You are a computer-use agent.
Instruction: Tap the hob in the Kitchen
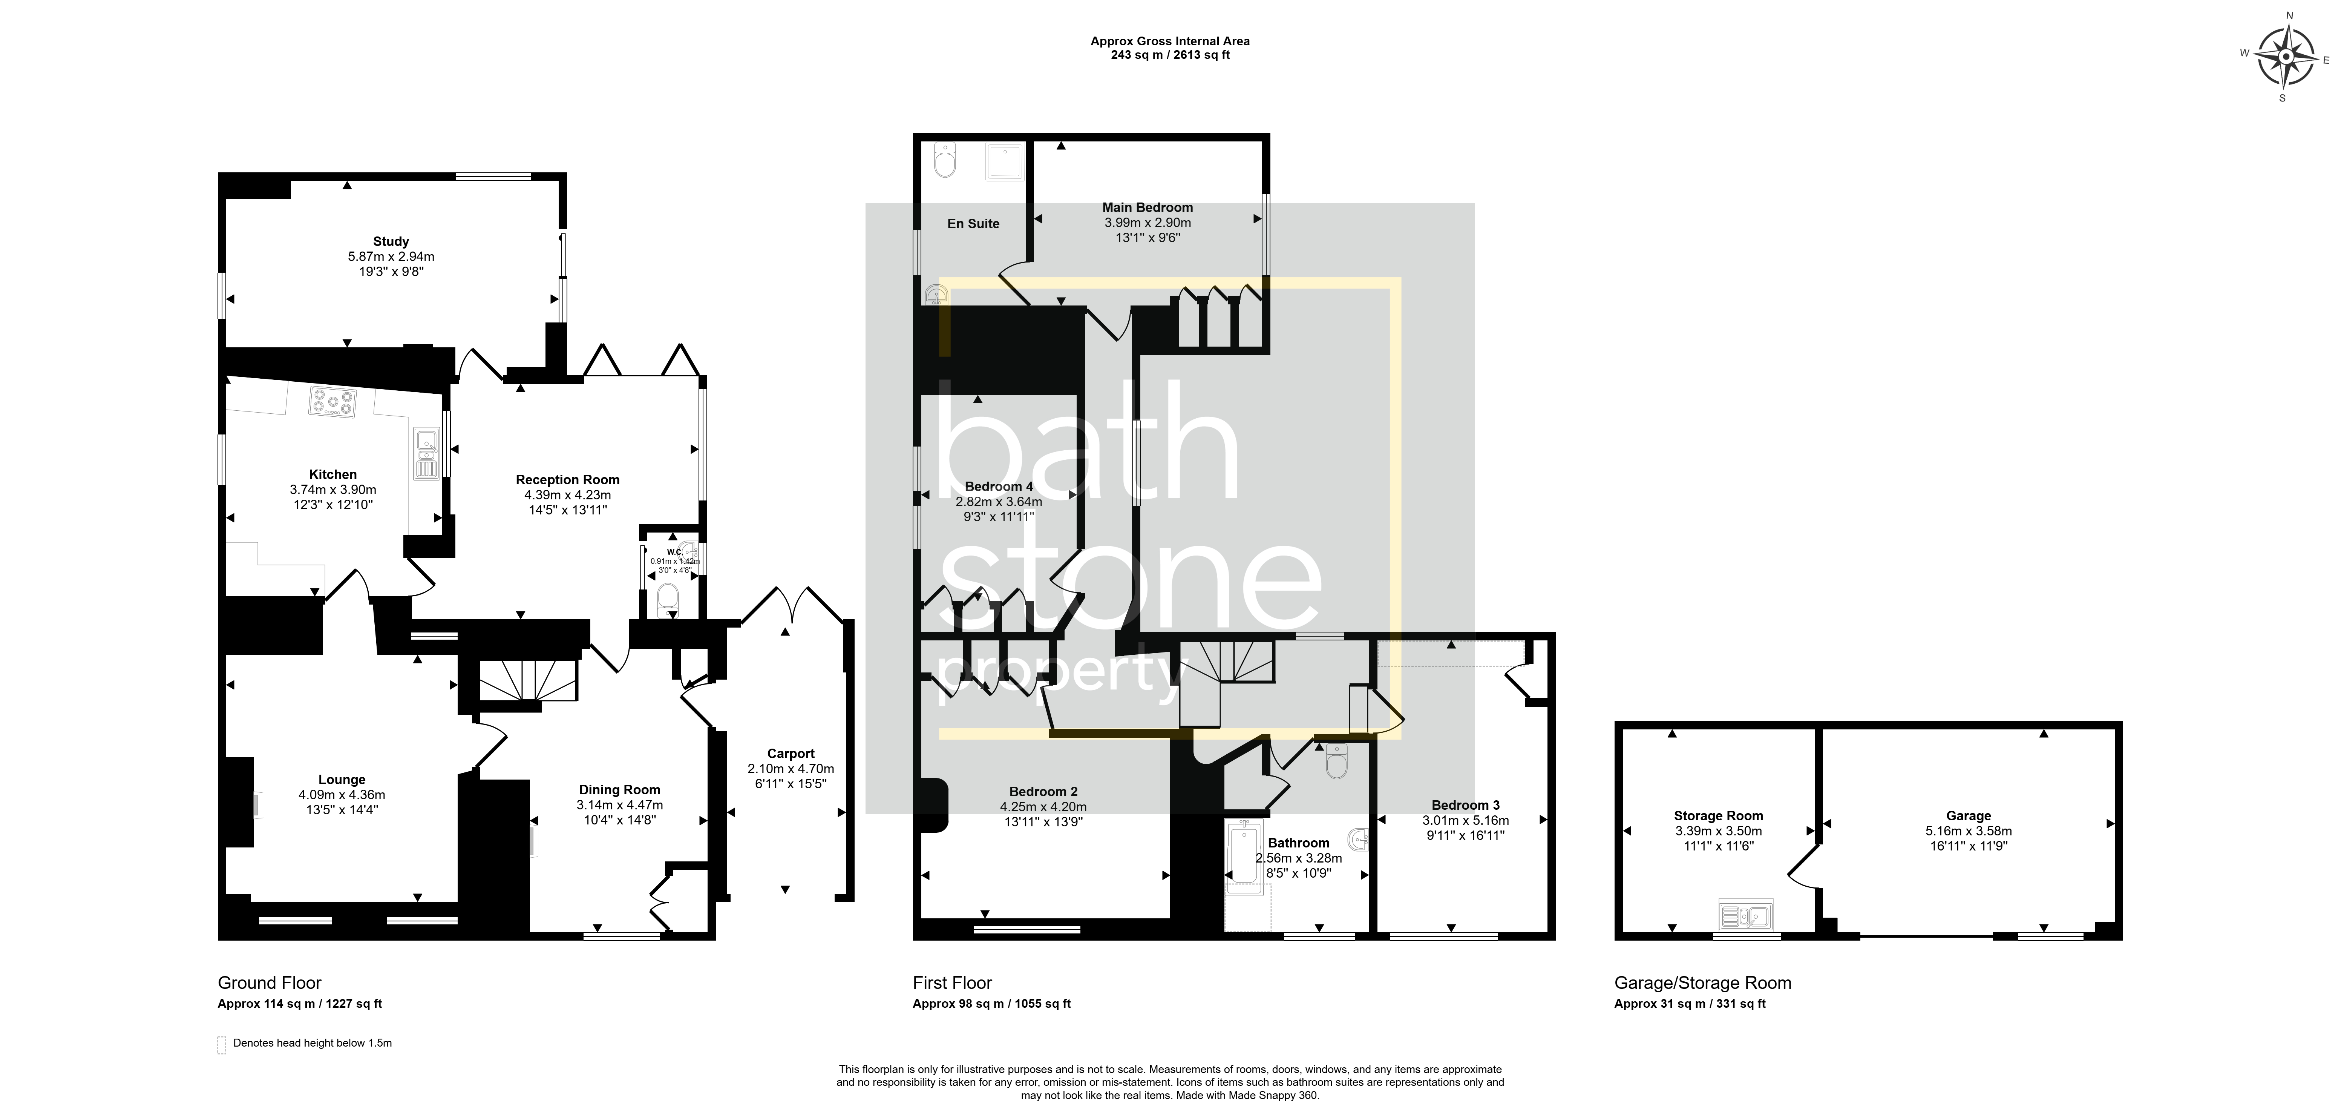332,402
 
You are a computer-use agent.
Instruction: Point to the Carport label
791,754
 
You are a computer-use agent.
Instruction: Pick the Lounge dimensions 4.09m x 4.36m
342,795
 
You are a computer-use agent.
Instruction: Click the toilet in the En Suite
945,161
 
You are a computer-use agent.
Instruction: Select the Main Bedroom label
1148,207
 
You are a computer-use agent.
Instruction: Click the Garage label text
1969,816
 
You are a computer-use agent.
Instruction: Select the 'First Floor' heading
952,982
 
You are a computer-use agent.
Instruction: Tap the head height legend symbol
222,1044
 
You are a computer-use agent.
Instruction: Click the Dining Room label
620,790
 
